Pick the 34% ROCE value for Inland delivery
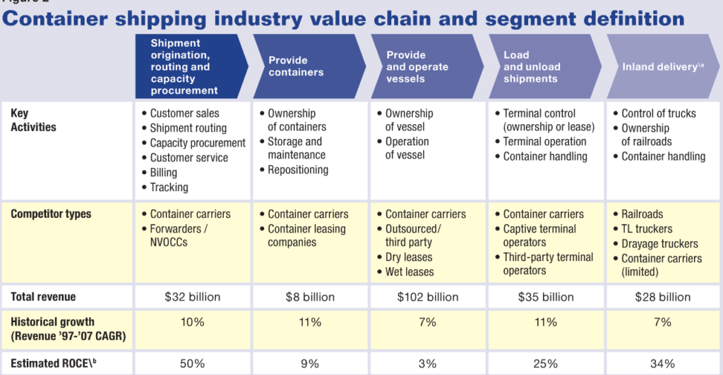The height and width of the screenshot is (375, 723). (663, 364)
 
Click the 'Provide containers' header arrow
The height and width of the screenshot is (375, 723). (308, 66)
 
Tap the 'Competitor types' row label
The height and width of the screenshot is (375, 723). (51, 214)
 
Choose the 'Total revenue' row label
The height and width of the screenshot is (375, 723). (43, 297)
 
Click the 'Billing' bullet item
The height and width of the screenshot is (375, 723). (163, 173)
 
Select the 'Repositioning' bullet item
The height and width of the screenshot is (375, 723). (297, 170)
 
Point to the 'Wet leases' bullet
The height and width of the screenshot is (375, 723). (410, 272)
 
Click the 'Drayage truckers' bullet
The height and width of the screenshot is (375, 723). (659, 244)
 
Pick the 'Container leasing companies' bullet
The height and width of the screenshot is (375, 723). (306, 236)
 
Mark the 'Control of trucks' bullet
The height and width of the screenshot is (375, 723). (658, 113)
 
